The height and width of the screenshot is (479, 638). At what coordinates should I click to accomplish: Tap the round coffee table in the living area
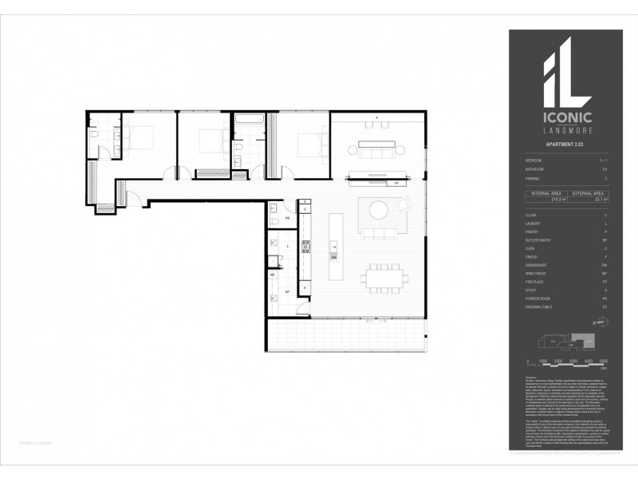377,209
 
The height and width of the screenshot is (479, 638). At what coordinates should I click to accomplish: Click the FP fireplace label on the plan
396,182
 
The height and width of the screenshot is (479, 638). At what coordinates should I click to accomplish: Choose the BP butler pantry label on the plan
286,293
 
